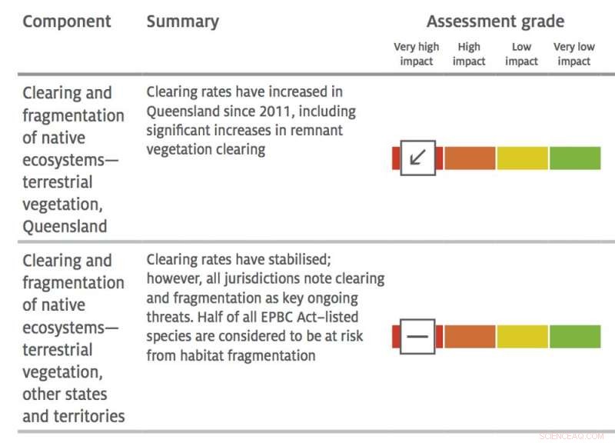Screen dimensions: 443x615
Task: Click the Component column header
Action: click(66, 22)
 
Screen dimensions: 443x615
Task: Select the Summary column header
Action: click(183, 22)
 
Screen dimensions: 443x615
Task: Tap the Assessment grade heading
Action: click(495, 22)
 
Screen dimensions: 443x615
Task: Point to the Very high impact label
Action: click(416, 54)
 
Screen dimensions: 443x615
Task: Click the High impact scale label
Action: click(469, 54)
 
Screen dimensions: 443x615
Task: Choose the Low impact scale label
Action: click(521, 54)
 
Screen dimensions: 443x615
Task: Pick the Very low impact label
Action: click(573, 54)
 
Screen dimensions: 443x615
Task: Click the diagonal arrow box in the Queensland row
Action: click(417, 158)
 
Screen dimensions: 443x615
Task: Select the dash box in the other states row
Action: click(417, 337)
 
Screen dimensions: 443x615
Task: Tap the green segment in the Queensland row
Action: click(574, 158)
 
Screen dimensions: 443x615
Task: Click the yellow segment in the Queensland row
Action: click(522, 158)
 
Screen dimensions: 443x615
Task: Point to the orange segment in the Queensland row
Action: click(470, 158)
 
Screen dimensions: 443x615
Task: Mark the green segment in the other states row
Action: click(574, 337)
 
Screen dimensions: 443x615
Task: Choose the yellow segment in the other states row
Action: click(522, 337)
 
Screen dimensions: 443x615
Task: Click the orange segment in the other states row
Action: click(470, 337)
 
